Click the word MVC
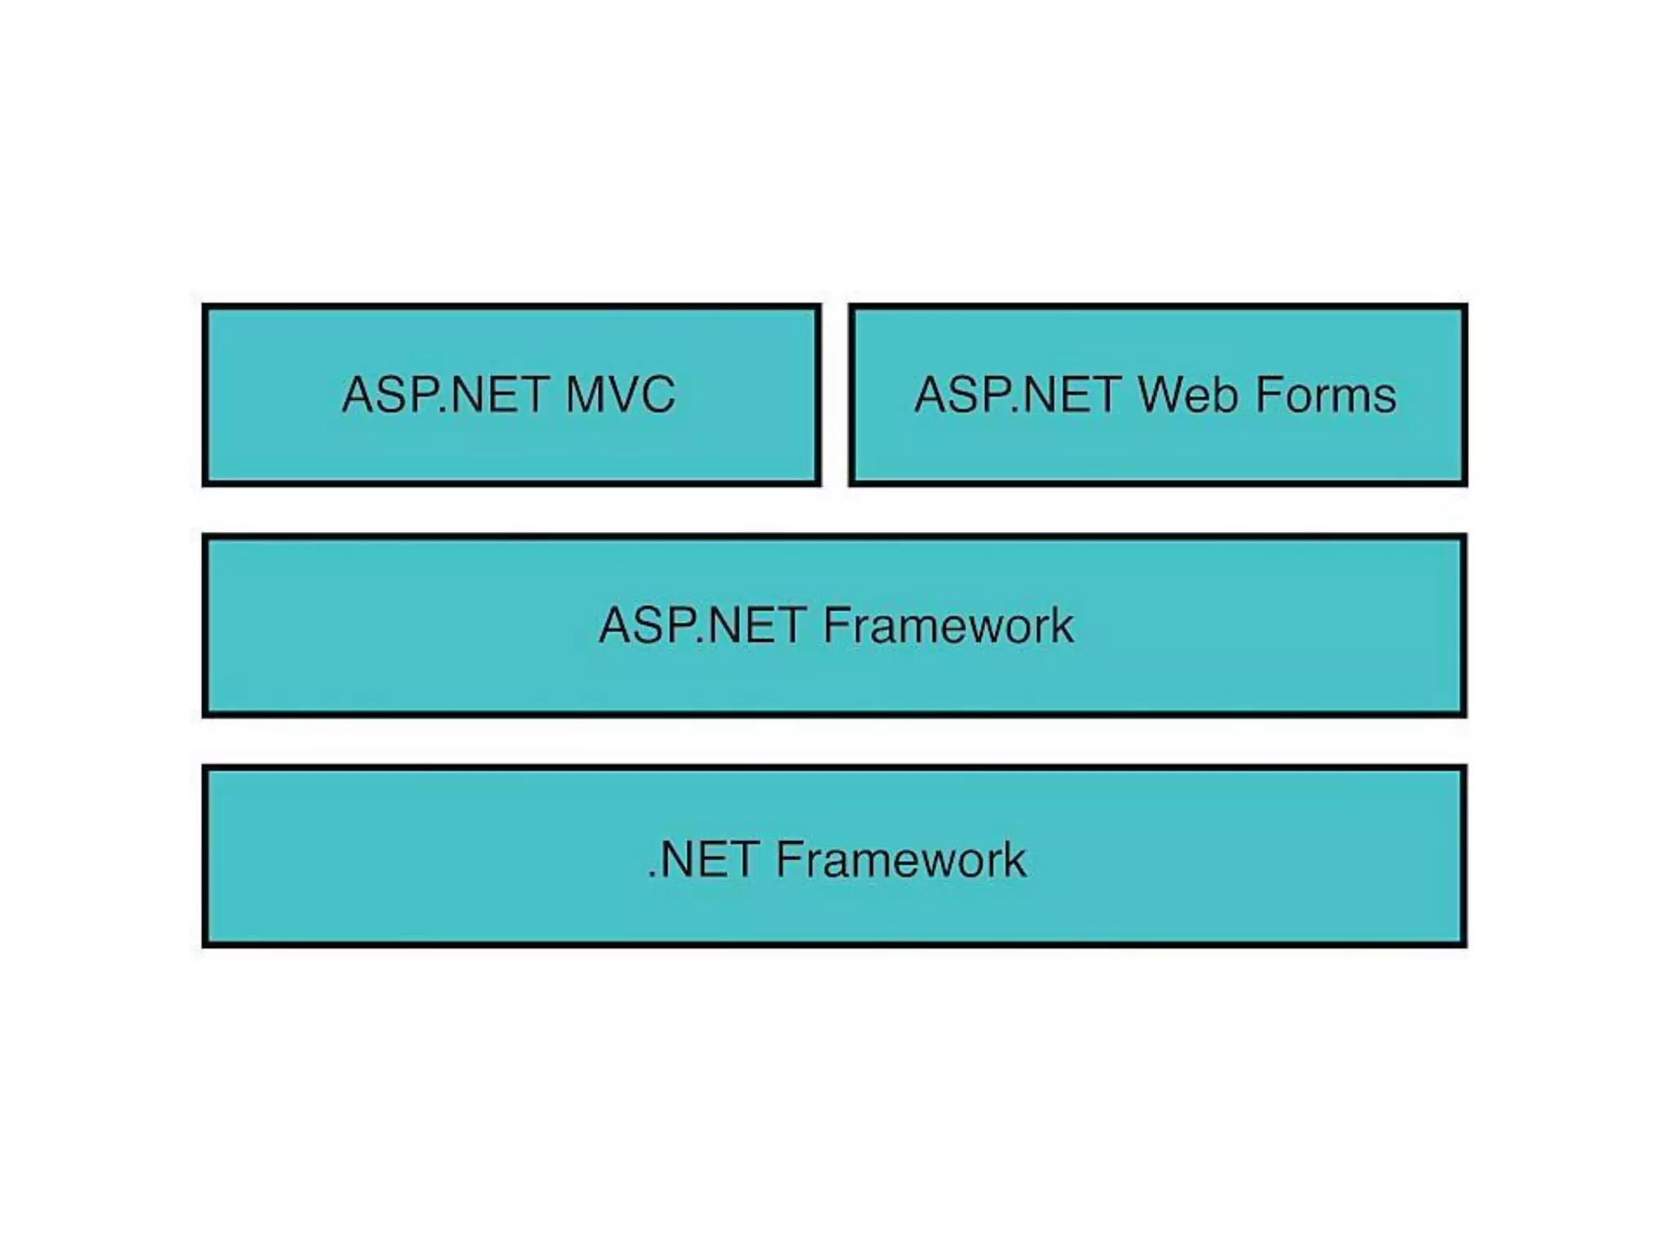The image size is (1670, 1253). (621, 395)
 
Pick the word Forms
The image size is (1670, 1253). (1325, 395)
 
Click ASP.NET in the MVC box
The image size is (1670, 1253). (444, 395)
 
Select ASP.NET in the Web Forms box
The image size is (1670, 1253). (1017, 395)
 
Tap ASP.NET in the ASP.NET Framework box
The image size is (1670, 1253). (702, 626)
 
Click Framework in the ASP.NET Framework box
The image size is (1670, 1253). (948, 626)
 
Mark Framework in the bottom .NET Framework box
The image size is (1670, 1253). (900, 860)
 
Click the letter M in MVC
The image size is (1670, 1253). (588, 395)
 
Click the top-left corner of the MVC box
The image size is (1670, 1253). (205, 308)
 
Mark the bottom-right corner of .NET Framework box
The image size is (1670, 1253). (1464, 945)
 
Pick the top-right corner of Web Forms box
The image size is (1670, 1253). (1465, 308)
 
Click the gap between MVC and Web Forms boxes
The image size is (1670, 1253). (835, 395)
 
